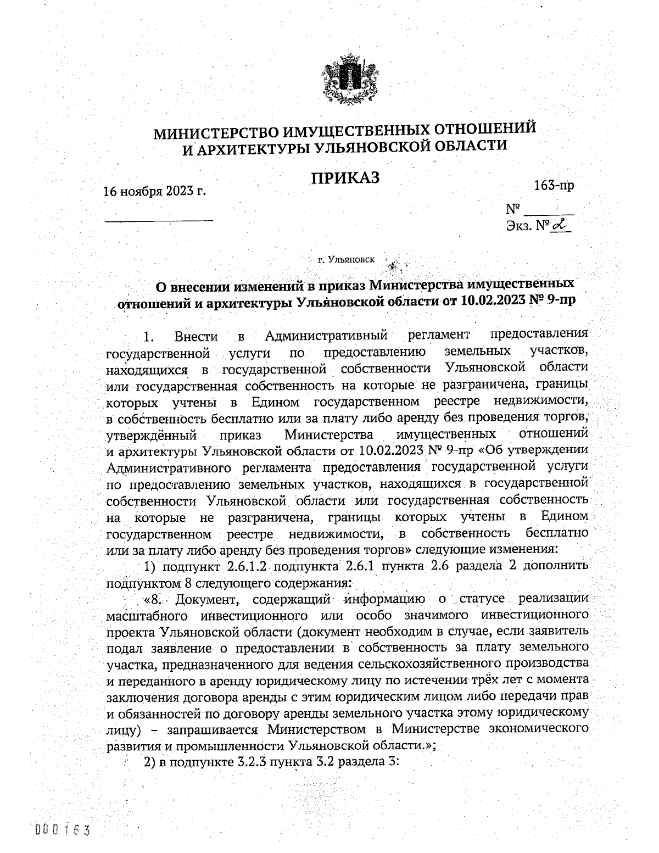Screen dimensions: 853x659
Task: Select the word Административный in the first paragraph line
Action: [326, 335]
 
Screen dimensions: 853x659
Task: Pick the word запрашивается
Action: [207, 730]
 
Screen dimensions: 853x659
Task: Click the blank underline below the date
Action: [159, 220]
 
